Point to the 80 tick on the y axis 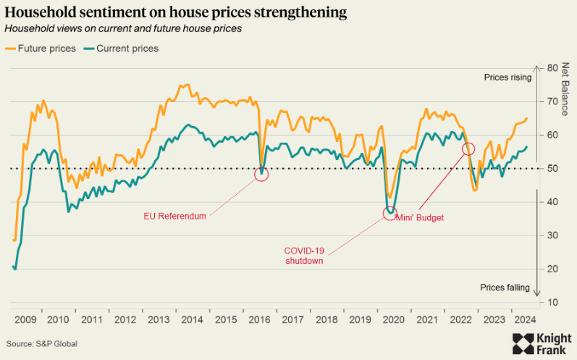point(553,68)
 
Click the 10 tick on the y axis point(553,302)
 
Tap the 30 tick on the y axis point(553,235)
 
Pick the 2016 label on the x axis point(260,319)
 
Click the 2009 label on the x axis point(25,319)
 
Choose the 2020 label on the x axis point(392,319)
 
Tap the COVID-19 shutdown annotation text point(303,256)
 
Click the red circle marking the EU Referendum point(262,173)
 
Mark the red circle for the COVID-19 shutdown point(390,213)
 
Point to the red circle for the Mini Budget point(468,148)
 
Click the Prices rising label point(507,78)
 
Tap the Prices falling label point(505,288)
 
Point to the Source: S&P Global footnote point(41,343)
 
